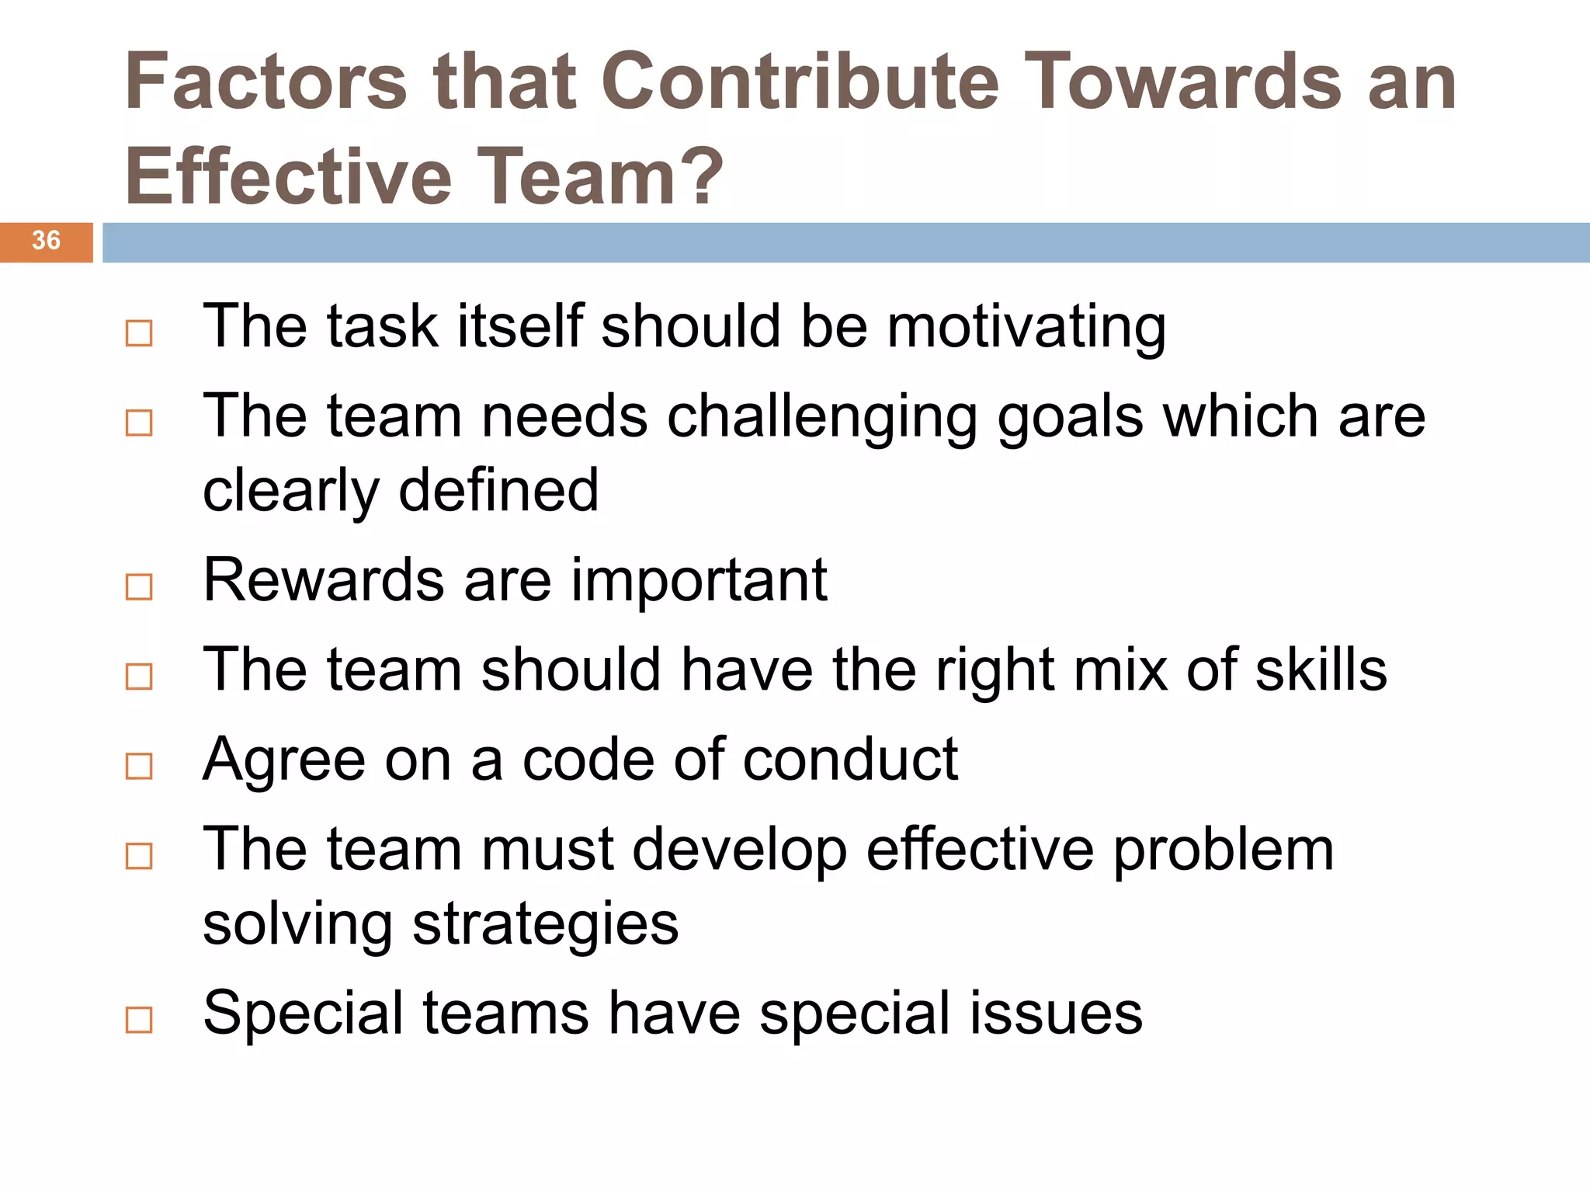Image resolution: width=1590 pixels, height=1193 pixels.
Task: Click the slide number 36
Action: pos(46,241)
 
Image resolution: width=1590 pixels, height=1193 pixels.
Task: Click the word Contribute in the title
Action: pos(800,82)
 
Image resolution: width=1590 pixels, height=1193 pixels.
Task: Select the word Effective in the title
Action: pos(289,177)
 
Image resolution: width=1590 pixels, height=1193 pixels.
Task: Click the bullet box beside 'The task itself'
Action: pos(139,333)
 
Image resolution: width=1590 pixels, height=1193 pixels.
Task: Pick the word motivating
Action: pos(1026,327)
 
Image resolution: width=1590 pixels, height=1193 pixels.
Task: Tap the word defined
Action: pos(498,490)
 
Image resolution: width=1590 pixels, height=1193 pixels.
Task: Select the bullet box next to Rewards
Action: pos(139,586)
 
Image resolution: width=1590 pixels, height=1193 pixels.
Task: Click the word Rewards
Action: pos(324,580)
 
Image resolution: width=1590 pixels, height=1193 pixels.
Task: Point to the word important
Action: pos(700,580)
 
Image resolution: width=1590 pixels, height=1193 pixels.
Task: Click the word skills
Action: pos(1321,670)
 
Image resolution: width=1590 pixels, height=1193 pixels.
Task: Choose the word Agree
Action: pos(284,760)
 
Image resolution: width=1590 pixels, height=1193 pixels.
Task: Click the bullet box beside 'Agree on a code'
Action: pos(139,767)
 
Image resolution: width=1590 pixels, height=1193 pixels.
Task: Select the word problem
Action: pos(1224,850)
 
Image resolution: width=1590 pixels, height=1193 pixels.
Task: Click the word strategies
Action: pos(546,924)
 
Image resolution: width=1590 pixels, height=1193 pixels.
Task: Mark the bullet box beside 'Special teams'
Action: pos(139,1020)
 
